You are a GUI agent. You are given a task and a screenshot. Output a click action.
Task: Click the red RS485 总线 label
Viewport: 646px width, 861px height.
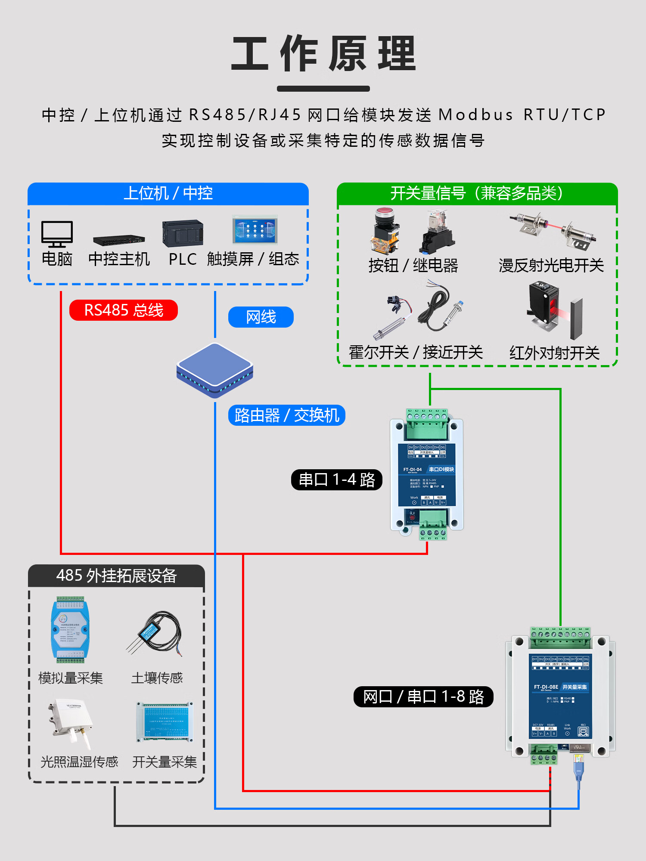(x=124, y=310)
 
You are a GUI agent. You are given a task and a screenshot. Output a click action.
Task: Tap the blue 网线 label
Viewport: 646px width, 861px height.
(x=261, y=317)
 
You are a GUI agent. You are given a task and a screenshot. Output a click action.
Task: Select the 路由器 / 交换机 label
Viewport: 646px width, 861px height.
(x=286, y=415)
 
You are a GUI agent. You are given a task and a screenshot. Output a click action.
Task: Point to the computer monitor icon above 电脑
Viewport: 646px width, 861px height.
(x=57, y=234)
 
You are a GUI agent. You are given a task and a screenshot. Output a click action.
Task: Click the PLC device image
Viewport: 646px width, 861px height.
(x=183, y=233)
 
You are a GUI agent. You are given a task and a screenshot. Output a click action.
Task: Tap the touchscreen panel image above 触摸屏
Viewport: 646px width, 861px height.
(x=255, y=230)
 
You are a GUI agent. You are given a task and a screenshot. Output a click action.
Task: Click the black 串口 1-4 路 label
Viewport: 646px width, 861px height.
(x=337, y=480)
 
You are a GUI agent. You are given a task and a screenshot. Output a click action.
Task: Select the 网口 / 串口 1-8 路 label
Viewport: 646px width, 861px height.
(x=423, y=697)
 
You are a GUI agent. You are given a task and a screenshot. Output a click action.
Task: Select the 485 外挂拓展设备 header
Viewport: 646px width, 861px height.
(x=116, y=576)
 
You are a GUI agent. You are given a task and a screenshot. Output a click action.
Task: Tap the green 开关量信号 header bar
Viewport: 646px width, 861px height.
(x=477, y=193)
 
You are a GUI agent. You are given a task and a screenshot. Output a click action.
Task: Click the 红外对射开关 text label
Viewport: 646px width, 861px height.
(x=554, y=353)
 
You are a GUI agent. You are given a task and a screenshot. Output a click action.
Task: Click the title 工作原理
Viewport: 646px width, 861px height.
(x=323, y=54)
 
